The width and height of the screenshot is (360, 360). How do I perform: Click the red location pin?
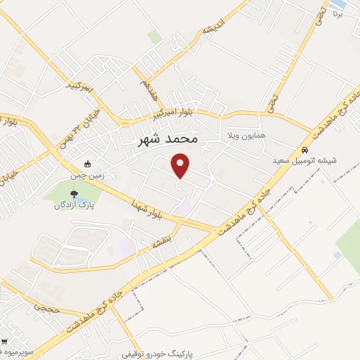pos(181,165)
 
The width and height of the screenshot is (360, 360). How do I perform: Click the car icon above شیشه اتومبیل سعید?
pos(304,150)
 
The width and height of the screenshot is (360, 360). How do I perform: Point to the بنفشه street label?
pos(164,240)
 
